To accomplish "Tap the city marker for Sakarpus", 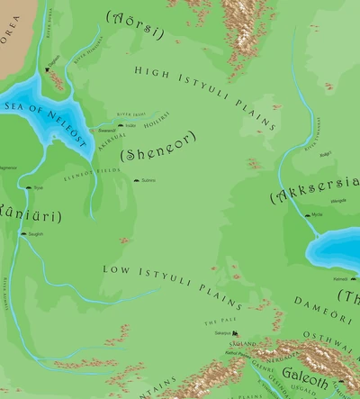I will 230,334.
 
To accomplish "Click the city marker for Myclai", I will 306,215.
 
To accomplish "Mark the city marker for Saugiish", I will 22,234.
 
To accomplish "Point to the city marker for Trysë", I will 27,188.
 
